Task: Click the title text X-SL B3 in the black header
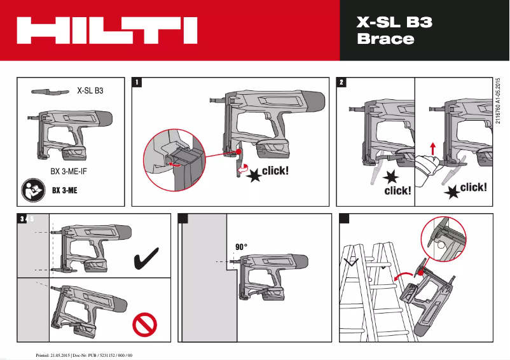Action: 394,23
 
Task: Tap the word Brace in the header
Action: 385,39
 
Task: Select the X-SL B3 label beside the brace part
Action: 90,91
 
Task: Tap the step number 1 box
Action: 137,83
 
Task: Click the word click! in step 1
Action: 275,170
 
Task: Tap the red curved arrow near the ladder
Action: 403,275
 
